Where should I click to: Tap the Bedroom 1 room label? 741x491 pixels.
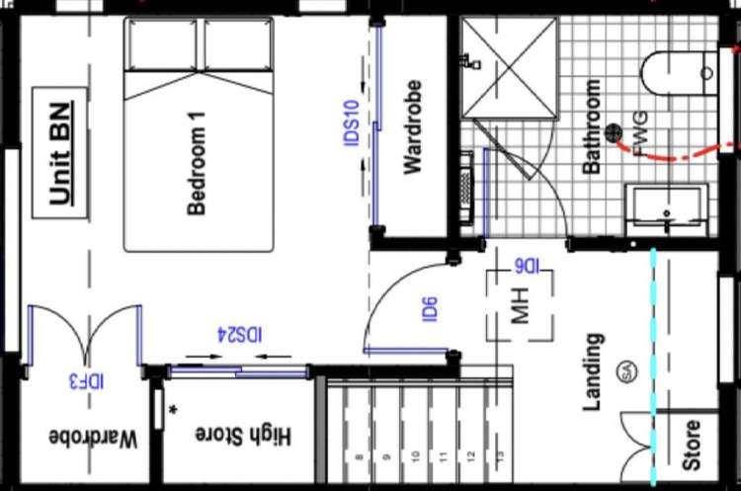coord(197,163)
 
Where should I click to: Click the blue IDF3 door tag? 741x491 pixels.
coord(87,379)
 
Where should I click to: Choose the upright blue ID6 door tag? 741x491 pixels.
coord(430,309)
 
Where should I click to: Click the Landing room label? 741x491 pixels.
coord(593,371)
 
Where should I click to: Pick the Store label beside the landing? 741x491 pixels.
coord(692,445)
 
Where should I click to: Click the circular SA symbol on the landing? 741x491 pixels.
coord(625,372)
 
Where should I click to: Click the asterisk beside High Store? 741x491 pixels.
coord(173,408)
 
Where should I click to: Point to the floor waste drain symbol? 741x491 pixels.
coord(614,130)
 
